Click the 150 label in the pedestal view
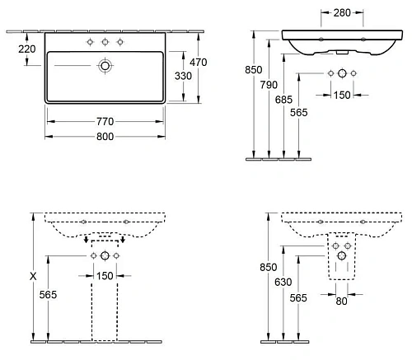(105, 275)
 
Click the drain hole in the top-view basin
(105, 64)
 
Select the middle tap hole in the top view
(105, 41)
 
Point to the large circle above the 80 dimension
(341, 255)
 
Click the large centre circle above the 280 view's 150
(341, 74)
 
